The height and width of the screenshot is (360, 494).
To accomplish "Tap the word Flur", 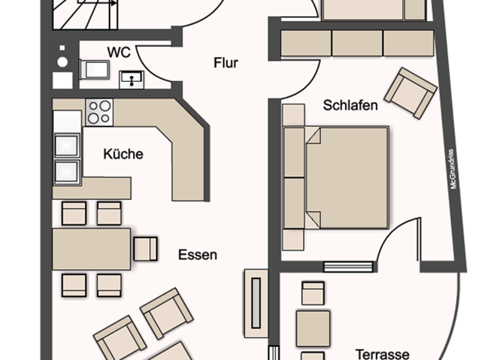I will click(x=226, y=63).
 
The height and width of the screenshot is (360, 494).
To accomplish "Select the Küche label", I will click(x=123, y=154).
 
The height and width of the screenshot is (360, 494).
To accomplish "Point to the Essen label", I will click(x=197, y=255).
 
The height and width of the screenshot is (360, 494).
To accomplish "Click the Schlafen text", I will click(x=351, y=105).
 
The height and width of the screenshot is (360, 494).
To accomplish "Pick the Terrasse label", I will click(x=382, y=354).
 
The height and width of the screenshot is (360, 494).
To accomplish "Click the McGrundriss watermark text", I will click(x=453, y=169).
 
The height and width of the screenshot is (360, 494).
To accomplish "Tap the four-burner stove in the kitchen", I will click(x=99, y=111).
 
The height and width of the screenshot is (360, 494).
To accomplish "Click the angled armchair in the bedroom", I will click(x=408, y=93).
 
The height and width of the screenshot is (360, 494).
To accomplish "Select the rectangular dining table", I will click(x=91, y=249).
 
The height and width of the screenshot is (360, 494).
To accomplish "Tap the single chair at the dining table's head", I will click(x=146, y=249).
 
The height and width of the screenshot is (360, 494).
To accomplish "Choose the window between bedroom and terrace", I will click(x=347, y=266).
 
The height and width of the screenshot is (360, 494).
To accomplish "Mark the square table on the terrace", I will click(x=313, y=327).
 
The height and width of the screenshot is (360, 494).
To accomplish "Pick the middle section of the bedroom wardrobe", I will click(x=357, y=43).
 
